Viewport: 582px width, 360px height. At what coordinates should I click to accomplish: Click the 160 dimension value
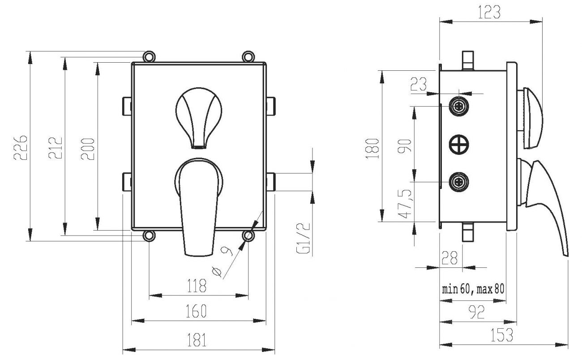tap(197, 310)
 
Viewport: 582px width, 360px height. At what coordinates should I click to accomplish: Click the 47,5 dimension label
tap(406, 204)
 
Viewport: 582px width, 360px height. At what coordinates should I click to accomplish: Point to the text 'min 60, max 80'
tap(473, 289)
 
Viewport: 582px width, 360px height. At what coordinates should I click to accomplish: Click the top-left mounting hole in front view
tap(149, 56)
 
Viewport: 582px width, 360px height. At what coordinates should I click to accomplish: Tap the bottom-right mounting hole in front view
tap(248, 235)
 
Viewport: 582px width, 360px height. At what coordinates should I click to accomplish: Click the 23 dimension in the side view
tap(419, 85)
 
